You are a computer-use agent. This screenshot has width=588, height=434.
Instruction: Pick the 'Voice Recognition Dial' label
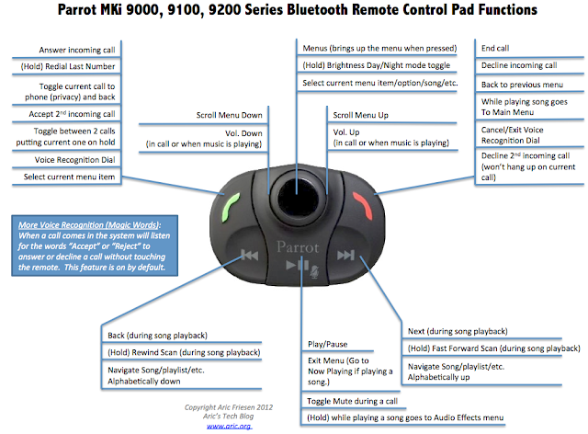point(73,158)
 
